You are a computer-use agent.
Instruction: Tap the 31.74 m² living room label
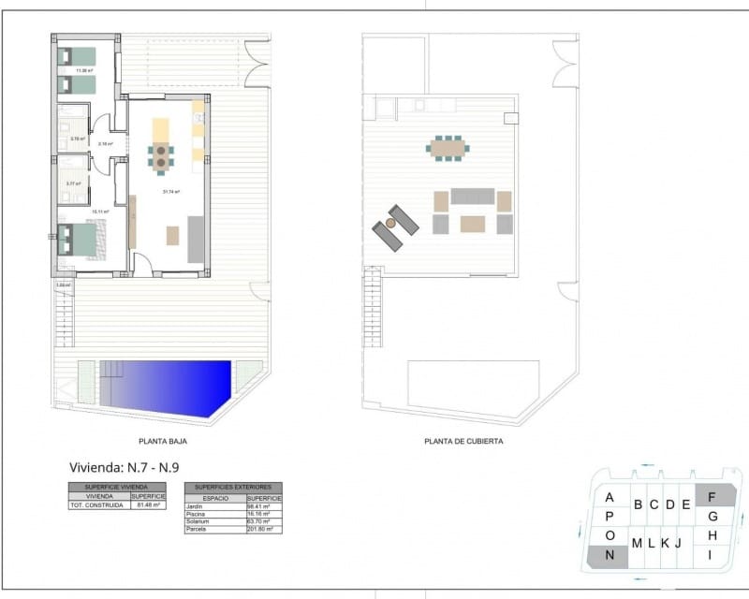pos(170,192)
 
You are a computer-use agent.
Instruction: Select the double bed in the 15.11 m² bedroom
pos(79,241)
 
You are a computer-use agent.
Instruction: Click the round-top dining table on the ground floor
pos(161,156)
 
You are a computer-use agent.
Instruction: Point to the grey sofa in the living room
pos(196,239)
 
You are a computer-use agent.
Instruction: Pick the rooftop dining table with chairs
pos(448,147)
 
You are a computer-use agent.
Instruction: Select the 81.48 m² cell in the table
pos(149,504)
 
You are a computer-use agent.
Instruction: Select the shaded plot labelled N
pos(609,554)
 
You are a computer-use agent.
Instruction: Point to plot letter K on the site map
pos(664,543)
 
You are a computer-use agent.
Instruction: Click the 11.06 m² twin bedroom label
pos(84,71)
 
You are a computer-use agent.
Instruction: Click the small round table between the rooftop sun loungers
pos(390,224)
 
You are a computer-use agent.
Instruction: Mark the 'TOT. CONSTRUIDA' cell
pos(98,504)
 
